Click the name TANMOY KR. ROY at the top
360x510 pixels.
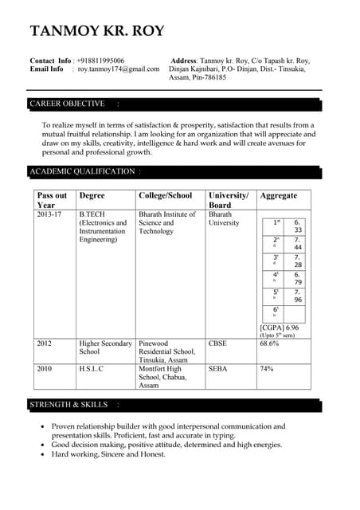[x=97, y=32]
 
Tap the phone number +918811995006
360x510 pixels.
[x=100, y=61]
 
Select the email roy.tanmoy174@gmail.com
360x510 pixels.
[x=119, y=69]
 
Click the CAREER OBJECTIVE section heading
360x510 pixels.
[x=67, y=104]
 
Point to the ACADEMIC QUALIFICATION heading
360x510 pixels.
[x=82, y=171]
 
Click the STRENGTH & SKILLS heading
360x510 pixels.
[x=68, y=405]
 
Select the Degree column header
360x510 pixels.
[x=92, y=196]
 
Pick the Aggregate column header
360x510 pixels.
[x=279, y=196]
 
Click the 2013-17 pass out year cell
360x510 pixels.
[x=49, y=214]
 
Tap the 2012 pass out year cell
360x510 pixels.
[x=44, y=343]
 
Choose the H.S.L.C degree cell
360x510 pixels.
[x=91, y=369]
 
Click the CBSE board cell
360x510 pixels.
[x=217, y=343]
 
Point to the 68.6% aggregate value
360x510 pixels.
[x=269, y=343]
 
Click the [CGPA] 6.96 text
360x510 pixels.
[x=280, y=328]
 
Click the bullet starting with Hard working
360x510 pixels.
[x=108, y=454]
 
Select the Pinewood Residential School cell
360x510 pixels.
[x=166, y=351]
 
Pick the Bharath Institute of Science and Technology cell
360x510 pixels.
[x=166, y=223]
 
